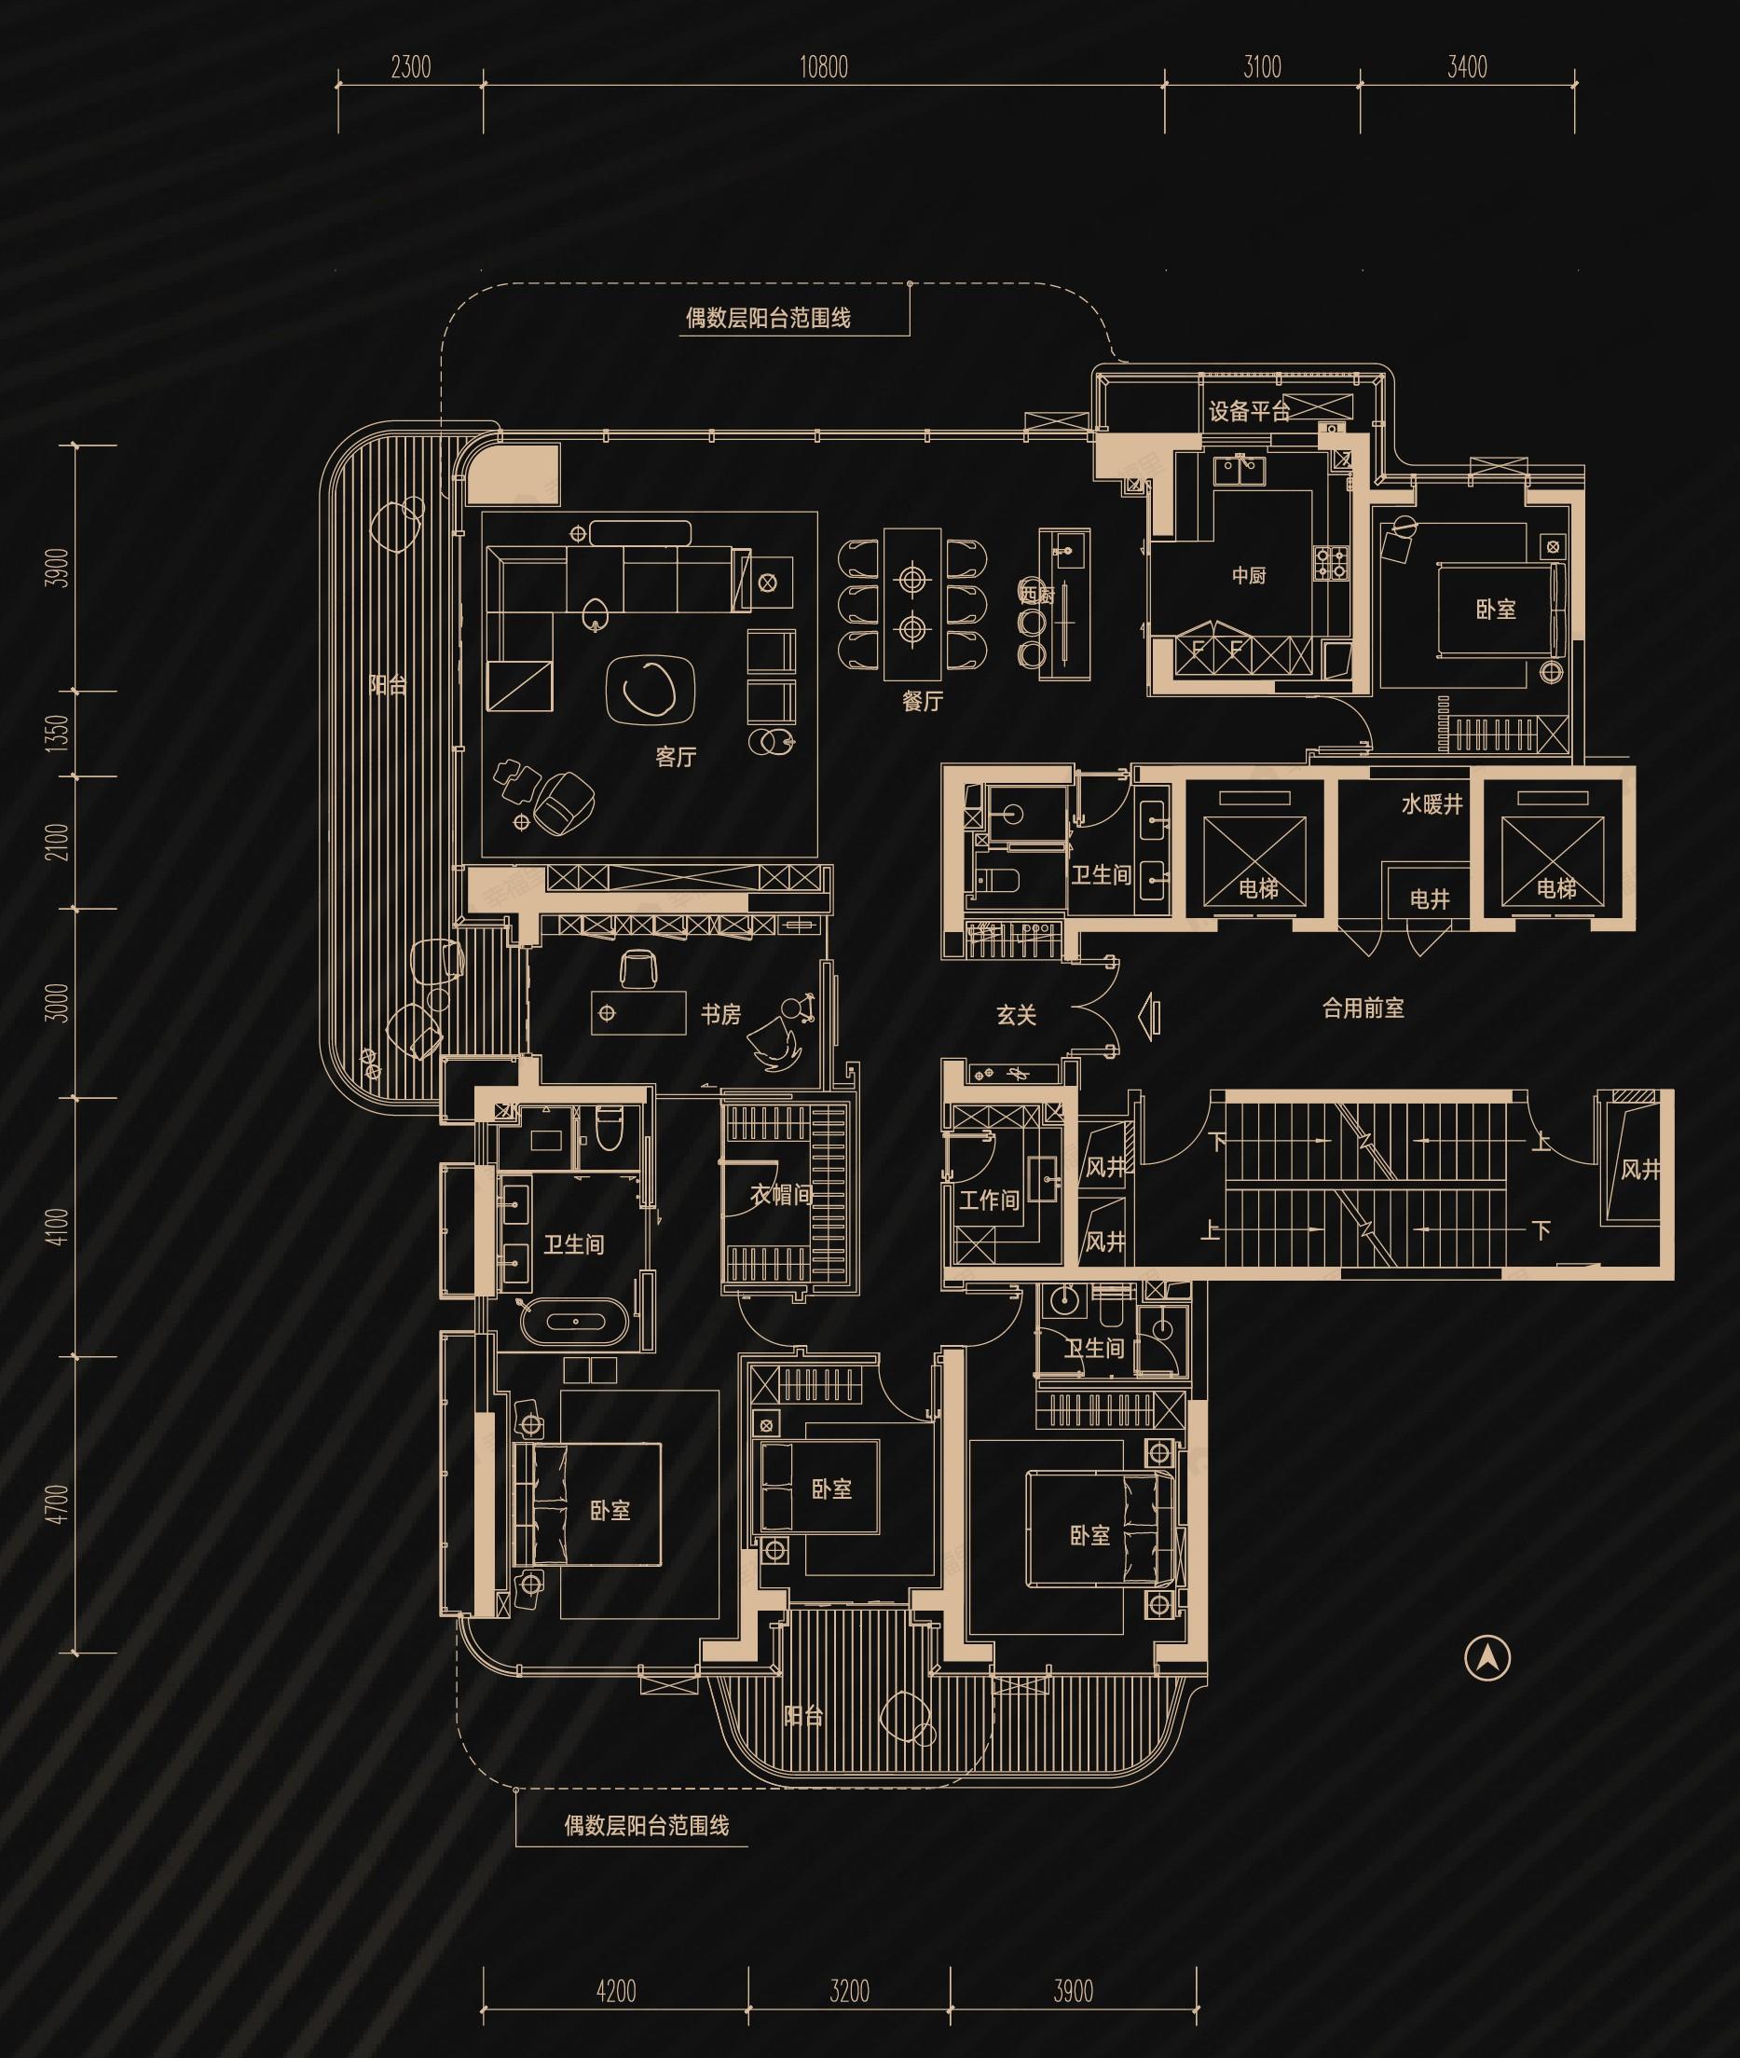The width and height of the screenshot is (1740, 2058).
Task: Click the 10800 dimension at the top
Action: point(824,68)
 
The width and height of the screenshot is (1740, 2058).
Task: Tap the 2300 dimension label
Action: point(410,68)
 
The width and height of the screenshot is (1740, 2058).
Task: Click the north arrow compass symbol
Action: point(1487,1658)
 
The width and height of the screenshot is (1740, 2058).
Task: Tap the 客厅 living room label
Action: point(676,757)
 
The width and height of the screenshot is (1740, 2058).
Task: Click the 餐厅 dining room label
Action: point(923,702)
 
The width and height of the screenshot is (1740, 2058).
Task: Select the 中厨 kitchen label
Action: point(1249,575)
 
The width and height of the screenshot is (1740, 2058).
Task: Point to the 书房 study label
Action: point(720,1014)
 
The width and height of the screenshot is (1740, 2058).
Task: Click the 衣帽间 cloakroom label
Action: point(781,1195)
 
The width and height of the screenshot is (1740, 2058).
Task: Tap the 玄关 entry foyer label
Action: point(1016,1015)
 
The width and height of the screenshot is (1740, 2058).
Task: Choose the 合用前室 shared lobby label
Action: point(1363,1008)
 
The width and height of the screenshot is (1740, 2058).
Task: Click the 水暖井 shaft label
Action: point(1432,805)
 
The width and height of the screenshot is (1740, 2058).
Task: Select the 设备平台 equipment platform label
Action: point(1249,412)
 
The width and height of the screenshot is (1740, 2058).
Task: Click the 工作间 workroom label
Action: point(990,1200)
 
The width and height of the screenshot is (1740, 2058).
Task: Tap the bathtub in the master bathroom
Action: point(573,1321)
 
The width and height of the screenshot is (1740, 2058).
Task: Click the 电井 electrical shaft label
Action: point(1430,899)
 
